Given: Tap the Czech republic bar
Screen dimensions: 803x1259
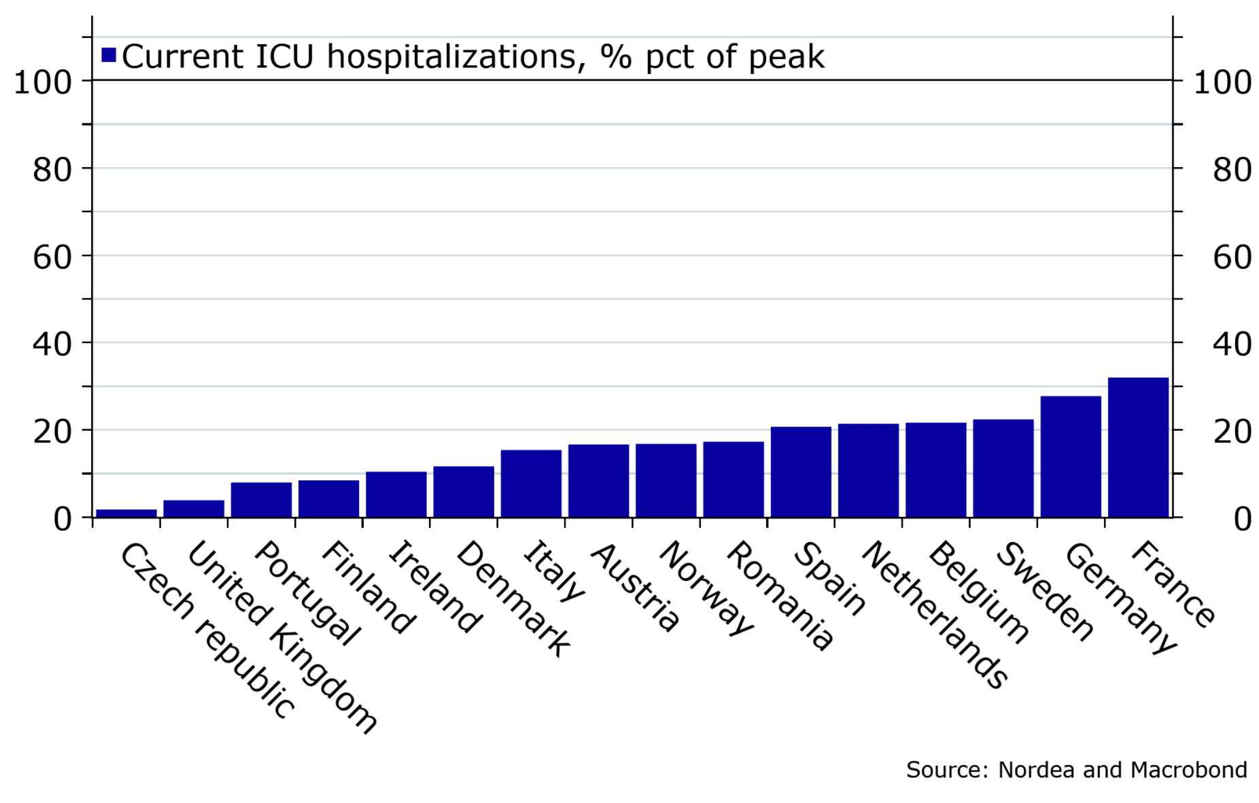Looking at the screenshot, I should pos(126,513).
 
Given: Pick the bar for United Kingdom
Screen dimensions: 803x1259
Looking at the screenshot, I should pos(194,509).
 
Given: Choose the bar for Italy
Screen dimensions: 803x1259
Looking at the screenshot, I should pos(531,483).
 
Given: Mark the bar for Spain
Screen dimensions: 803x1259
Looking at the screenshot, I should pos(801,471).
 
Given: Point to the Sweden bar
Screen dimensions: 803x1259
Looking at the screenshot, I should pos(1003,468).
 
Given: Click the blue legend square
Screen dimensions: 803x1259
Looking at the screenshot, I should pos(109,55).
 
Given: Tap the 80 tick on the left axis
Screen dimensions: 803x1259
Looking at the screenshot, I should pos(52,170).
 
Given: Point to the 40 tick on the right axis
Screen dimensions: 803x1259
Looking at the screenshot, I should pos(1232,344).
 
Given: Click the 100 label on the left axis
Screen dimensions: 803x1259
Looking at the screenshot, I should pos(43,83).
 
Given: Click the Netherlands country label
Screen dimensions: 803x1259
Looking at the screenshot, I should pos(935,614).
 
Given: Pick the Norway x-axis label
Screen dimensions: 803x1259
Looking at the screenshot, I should pos(706,588).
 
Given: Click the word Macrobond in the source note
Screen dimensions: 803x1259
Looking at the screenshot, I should pos(1190,770).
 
